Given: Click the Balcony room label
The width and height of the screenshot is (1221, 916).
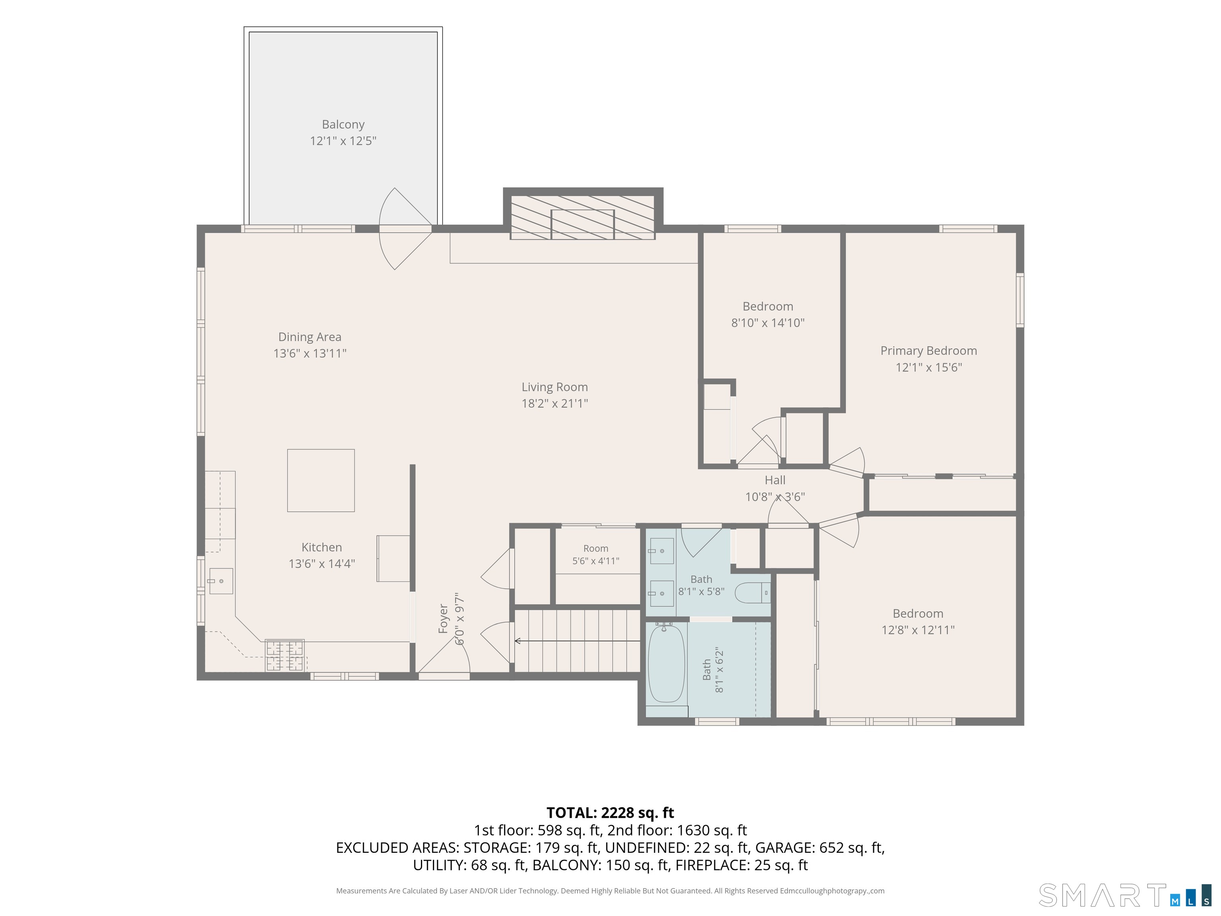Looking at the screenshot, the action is pos(343,125).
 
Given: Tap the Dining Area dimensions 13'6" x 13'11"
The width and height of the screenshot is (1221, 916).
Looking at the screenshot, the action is pos(310,353).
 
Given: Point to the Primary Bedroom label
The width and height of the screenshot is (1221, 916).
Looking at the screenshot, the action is pos(928,351).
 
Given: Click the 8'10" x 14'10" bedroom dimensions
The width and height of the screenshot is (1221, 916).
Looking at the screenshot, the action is pos(768,323).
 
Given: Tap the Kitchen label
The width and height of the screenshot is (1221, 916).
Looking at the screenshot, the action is pos(321,547).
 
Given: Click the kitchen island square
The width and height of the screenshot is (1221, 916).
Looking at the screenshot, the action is pos(321,480).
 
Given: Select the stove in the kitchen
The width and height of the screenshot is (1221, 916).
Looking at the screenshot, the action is pos(285,655).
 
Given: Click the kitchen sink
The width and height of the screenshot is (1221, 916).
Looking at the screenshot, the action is pos(221,581).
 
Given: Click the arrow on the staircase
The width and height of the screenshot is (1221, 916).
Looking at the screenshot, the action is pos(578,641).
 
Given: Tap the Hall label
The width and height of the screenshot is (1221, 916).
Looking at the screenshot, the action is pos(775,480).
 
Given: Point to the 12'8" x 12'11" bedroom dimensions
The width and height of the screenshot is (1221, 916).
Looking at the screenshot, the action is pos(918,630).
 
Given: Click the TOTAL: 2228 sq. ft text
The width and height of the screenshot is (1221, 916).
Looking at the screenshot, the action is pos(610,813).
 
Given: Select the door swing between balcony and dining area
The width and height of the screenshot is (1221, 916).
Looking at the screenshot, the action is pos(405,229).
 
